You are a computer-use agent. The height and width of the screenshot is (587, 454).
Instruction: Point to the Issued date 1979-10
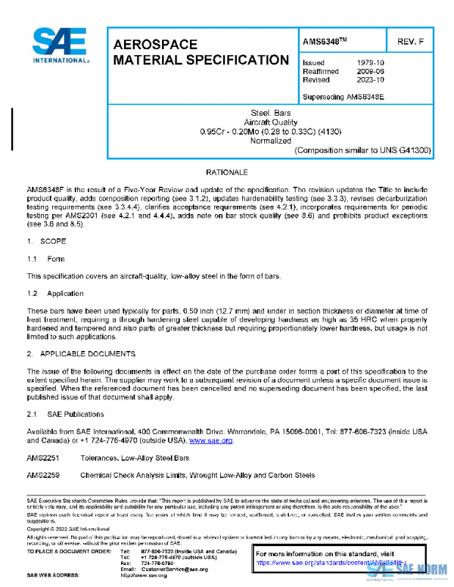coord(370,63)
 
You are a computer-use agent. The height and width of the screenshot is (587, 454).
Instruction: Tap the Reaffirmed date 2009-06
coord(370,71)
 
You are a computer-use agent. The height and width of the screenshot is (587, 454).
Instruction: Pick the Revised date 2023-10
coord(370,79)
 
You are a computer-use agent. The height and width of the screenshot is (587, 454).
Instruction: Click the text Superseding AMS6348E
coord(343,96)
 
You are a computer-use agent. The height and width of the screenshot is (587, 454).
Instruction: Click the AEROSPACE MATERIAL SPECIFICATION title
coord(200,53)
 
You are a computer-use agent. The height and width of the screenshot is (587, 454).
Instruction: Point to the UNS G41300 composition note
coord(362,151)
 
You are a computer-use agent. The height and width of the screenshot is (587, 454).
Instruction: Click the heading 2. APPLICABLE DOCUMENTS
coord(81,353)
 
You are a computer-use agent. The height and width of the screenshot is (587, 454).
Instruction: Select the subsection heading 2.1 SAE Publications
coord(66,414)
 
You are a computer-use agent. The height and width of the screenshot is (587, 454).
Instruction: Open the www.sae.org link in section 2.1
coord(210,440)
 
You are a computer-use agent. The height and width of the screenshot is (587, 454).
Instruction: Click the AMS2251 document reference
coord(42,458)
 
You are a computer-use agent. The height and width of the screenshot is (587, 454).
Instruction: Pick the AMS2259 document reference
coord(42,476)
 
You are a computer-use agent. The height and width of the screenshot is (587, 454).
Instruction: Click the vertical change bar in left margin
coord(13,125)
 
